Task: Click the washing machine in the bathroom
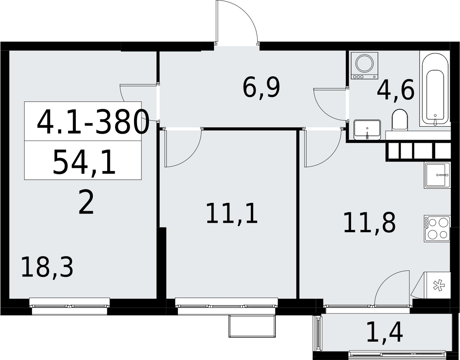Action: (364, 66)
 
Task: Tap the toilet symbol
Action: (400, 120)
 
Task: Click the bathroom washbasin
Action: (367, 130)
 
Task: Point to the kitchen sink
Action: (437, 175)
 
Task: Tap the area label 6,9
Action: (261, 88)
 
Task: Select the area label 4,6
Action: (395, 90)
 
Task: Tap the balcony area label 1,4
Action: (384, 335)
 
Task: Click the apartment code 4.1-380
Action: (92, 123)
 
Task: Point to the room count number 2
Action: (86, 202)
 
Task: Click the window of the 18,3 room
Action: (70, 306)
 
